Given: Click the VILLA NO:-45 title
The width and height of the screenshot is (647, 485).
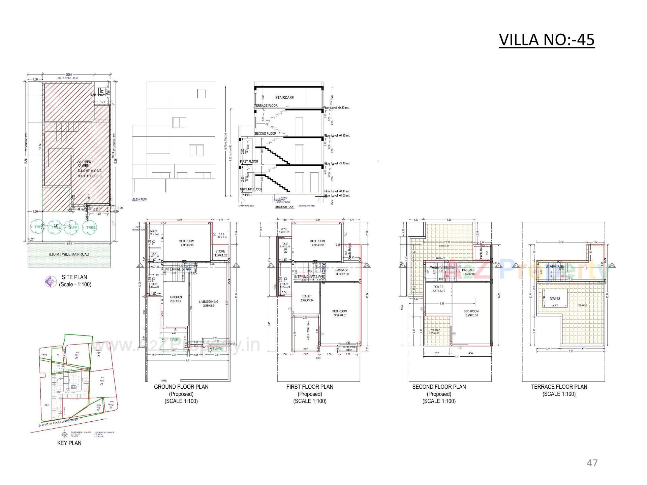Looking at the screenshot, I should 546,40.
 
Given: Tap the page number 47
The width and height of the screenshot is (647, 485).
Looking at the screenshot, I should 592,463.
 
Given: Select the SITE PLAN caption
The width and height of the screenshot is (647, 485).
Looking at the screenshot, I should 74,277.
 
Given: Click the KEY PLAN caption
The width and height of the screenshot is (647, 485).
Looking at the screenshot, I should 69,443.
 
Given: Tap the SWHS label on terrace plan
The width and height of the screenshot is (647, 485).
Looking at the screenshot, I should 555,298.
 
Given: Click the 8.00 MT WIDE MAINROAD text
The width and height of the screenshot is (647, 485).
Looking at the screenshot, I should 69,254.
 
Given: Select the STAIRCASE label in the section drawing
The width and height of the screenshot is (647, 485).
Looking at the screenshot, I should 284,97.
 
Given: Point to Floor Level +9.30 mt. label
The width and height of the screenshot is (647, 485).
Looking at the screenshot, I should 336,108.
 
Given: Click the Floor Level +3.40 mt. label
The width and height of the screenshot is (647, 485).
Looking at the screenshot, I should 337,163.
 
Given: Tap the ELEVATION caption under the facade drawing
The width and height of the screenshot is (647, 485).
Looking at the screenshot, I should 140,199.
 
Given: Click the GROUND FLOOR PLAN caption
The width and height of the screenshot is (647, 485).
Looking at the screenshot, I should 181,387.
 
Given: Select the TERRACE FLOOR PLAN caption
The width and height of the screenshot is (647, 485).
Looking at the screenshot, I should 559,387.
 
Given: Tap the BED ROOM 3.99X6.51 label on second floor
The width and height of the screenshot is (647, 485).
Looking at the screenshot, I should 471,313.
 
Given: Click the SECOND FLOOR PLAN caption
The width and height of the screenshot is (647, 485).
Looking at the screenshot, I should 439,387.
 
